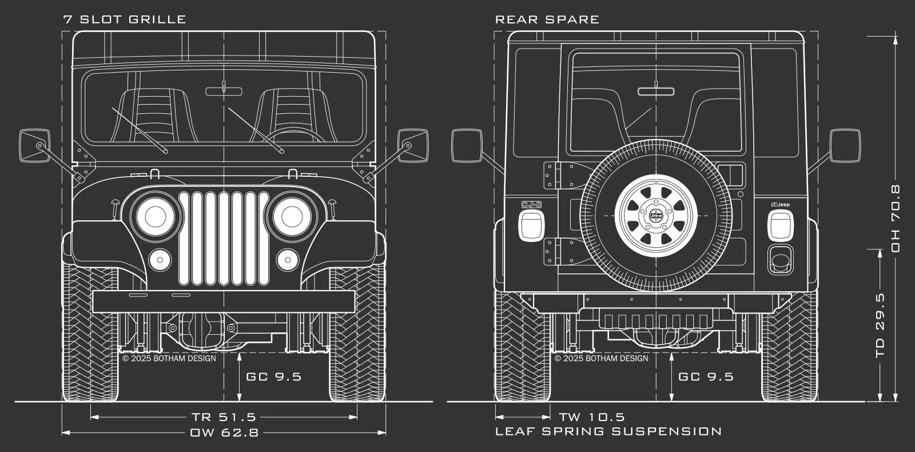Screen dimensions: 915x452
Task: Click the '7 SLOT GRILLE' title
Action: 125,19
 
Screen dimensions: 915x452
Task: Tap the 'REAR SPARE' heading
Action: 547,19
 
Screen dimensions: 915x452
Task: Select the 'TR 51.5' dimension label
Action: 224,417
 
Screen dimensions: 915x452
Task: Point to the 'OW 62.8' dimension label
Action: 224,433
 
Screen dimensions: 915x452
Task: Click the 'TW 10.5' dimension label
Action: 592,417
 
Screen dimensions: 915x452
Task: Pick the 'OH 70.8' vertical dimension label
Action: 895,218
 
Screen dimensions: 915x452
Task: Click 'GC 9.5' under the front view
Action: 274,376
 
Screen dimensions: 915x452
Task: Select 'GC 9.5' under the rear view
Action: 706,376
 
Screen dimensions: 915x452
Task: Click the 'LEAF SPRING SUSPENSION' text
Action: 608,431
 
